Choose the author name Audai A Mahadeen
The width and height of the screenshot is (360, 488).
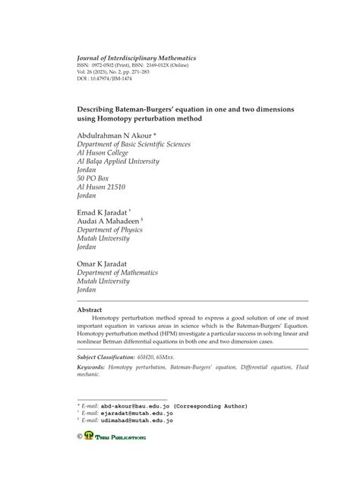pyautogui.click(x=112, y=223)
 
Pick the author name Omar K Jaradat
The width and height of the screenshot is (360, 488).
pyautogui.click(x=107, y=267)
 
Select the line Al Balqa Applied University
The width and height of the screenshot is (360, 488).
pyautogui.click(x=123, y=165)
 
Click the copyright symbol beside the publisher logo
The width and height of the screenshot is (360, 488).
pyautogui.click(x=81, y=437)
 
